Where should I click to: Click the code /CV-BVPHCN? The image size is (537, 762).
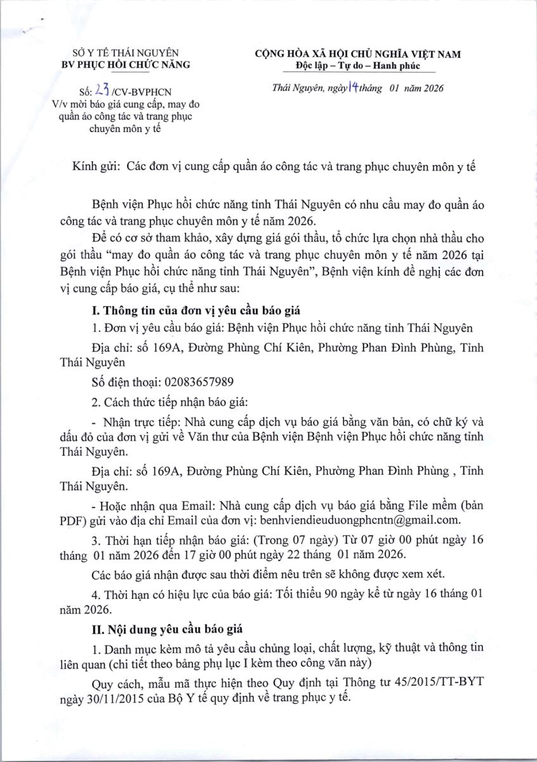(x=145, y=93)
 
